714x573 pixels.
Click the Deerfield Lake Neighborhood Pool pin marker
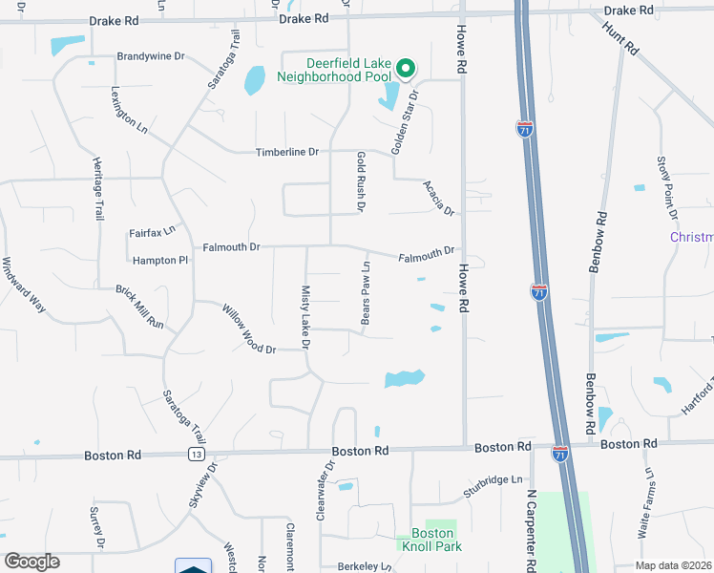[x=405, y=68]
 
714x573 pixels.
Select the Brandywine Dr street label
[x=150, y=56]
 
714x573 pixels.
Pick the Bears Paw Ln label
[x=365, y=292]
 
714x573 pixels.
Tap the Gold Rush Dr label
[x=361, y=181]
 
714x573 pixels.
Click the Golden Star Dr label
[x=404, y=123]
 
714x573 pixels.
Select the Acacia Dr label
[x=438, y=198]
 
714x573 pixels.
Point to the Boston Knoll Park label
[x=436, y=540]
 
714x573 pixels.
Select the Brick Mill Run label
[x=140, y=307]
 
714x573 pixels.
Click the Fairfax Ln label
[x=153, y=232]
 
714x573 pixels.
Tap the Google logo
[x=32, y=562]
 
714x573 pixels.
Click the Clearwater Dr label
[x=324, y=491]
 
